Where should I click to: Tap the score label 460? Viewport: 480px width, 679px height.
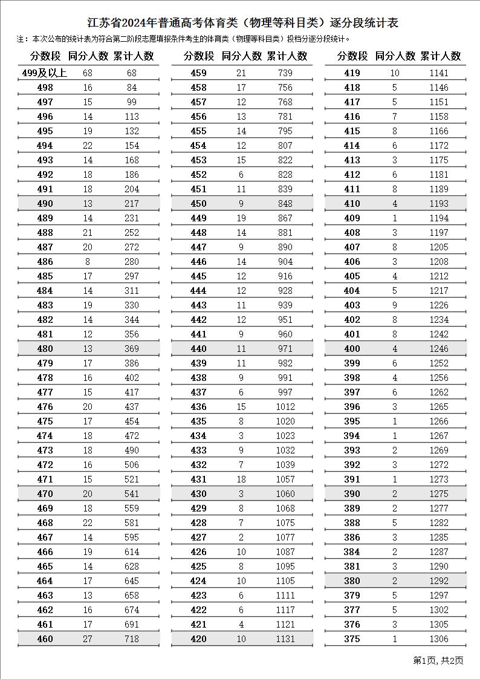[45, 638]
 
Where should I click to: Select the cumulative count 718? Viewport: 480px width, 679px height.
[131, 638]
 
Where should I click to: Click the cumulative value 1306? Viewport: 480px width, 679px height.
[439, 638]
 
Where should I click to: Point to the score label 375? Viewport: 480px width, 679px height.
[352, 638]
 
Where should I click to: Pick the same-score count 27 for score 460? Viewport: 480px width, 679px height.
[88, 638]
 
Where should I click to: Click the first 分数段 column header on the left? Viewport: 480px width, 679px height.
[45, 56]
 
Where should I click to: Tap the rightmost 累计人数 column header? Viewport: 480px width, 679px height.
[441, 56]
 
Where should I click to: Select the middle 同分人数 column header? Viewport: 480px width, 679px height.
[242, 56]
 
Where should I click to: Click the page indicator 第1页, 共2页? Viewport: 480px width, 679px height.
[438, 660]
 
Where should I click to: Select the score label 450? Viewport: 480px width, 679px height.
[198, 203]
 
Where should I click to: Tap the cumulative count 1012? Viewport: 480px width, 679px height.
[285, 406]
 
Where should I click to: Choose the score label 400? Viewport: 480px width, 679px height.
[352, 348]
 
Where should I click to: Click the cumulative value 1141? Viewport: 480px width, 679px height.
[439, 73]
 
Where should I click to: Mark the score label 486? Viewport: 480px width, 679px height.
[45, 261]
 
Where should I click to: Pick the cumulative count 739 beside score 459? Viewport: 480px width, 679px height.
[285, 73]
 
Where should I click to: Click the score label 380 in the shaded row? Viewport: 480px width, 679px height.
[352, 580]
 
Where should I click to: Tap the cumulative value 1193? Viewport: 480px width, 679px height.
[439, 203]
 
